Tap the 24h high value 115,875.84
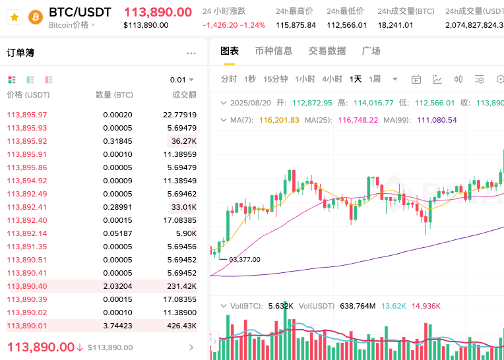pos(296,25)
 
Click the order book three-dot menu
pos(191,53)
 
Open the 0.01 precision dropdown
pos(182,80)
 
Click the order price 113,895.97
pos(27,115)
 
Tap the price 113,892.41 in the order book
pos(27,207)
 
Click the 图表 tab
pos(230,51)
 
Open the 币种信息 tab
pos(273,51)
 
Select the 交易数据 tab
pos(327,51)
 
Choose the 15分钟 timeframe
pos(275,79)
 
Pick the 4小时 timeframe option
pos(332,79)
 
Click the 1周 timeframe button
pos(375,79)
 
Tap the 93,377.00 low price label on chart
pos(244,259)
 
